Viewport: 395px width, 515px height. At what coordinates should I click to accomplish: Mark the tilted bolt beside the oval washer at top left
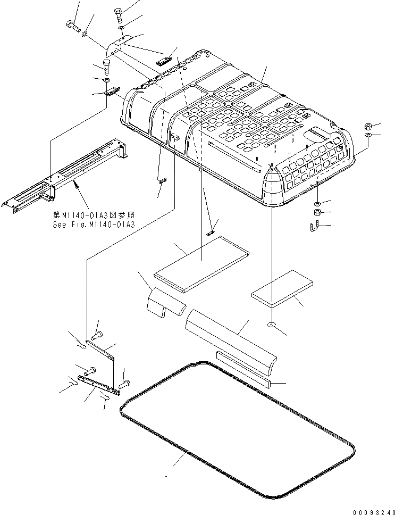pyautogui.click(x=73, y=24)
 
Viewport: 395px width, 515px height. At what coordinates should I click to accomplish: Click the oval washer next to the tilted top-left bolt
pyautogui.click(x=86, y=35)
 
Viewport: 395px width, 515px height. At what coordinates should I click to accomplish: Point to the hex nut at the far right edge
pyautogui.click(x=368, y=127)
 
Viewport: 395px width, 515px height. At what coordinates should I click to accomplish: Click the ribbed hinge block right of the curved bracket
pyautogui.click(x=165, y=60)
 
